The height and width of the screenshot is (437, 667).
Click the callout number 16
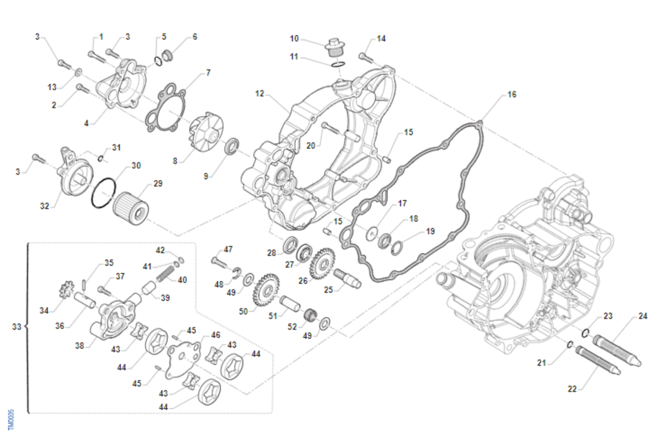point(511,95)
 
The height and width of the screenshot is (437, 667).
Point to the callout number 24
point(643,317)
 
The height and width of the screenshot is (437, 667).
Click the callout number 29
point(158,183)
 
